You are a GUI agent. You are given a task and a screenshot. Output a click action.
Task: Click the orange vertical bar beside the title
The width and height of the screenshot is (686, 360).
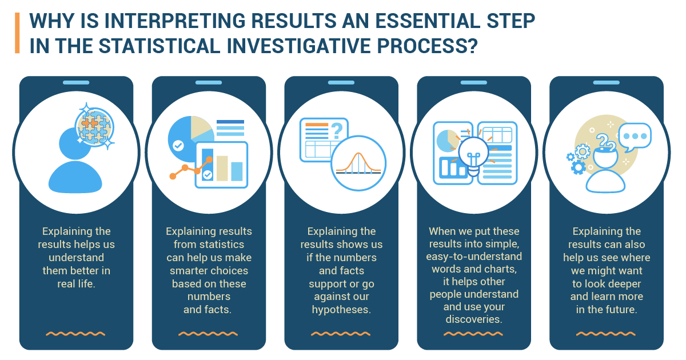pyautogui.click(x=17, y=33)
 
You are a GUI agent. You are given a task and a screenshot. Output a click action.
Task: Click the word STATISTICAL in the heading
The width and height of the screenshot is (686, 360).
pyautogui.click(x=159, y=46)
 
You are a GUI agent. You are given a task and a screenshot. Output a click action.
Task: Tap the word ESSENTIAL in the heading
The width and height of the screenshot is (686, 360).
pyautogui.click(x=428, y=21)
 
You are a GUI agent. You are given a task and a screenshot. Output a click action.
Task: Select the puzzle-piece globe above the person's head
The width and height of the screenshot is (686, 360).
pyautogui.click(x=94, y=126)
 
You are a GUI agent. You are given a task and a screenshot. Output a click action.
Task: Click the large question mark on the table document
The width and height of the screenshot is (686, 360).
pyautogui.click(x=337, y=131)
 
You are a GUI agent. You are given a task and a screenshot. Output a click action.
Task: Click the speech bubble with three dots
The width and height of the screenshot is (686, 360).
pyautogui.click(x=635, y=137)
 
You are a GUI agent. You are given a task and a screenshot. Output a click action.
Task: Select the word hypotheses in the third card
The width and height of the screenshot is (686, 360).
pyautogui.click(x=341, y=310)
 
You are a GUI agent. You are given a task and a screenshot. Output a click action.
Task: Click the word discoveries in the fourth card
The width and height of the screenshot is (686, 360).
pyautogui.click(x=474, y=319)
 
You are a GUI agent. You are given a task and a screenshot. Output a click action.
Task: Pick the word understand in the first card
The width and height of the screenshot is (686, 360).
pyautogui.click(x=76, y=258)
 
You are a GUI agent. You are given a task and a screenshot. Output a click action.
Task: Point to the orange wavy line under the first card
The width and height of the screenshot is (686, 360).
pyautogui.click(x=75, y=333)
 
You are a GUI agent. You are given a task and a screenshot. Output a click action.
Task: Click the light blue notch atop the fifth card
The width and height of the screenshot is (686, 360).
pyautogui.click(x=607, y=83)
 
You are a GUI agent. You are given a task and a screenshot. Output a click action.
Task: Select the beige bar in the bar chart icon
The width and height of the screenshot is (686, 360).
pyautogui.click(x=222, y=168)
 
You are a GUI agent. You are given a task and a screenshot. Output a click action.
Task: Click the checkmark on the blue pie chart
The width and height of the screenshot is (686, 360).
pyautogui.click(x=178, y=145)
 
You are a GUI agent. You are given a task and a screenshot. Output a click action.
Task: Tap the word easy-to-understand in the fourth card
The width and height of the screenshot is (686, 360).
pyautogui.click(x=474, y=256)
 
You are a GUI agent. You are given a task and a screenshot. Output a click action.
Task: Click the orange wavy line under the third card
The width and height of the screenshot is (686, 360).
pyautogui.click(x=341, y=333)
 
